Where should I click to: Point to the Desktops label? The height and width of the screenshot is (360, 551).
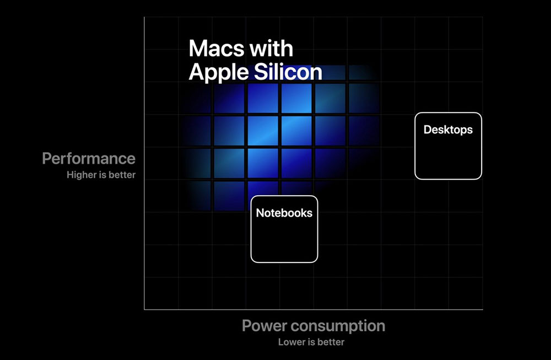(x=448, y=130)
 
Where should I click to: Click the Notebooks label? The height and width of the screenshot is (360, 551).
(x=284, y=213)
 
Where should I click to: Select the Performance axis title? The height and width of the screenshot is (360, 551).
(x=89, y=159)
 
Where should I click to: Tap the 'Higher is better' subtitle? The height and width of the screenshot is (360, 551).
(x=101, y=175)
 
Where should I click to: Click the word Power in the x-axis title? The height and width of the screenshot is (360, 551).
(x=264, y=326)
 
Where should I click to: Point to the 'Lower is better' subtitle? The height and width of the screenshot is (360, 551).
(x=311, y=342)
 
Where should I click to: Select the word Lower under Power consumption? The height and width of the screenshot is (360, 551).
(x=290, y=342)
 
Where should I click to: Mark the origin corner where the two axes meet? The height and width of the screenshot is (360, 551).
(x=144, y=310)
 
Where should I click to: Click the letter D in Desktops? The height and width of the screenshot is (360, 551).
(x=428, y=130)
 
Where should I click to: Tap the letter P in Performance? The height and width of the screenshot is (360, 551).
(x=47, y=159)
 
